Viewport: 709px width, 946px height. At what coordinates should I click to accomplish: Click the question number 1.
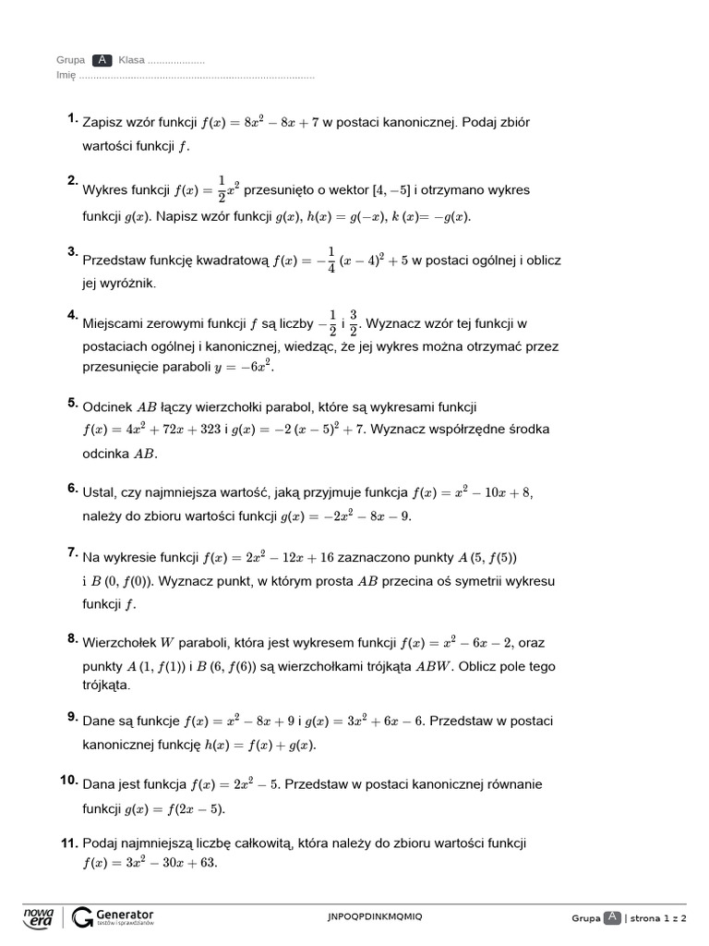coord(72,118)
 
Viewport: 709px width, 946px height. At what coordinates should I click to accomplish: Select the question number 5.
coord(72,403)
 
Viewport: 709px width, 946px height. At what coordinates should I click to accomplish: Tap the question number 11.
coord(69,843)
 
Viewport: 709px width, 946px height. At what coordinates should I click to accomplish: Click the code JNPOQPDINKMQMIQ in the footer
coord(375,916)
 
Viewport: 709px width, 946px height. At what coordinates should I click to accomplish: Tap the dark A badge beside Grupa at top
coord(102,60)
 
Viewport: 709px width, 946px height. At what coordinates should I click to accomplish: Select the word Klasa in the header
coord(131,60)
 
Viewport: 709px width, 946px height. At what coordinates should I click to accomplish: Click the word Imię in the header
coord(66,75)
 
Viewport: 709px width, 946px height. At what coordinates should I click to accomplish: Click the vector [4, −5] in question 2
coord(391,190)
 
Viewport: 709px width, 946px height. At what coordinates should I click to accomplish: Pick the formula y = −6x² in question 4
coord(245,367)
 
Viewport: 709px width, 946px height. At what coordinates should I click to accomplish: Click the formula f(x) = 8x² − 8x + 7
coord(259,122)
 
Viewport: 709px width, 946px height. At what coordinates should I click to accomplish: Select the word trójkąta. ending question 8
coord(107,686)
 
